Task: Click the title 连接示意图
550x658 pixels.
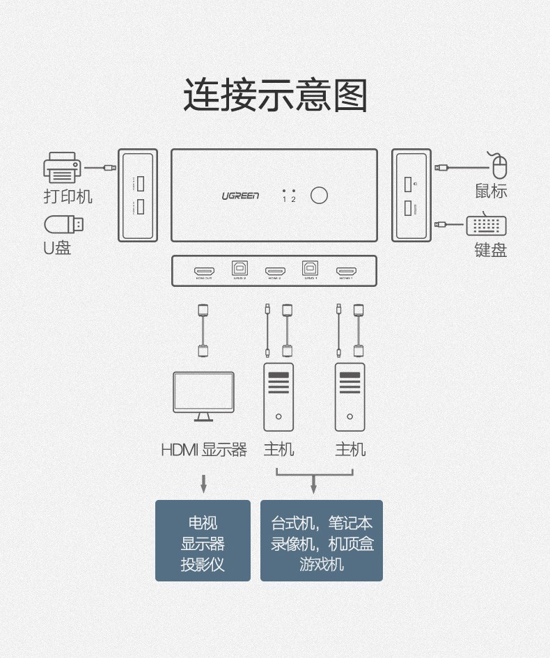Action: (x=275, y=95)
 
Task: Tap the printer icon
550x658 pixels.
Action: (x=62, y=167)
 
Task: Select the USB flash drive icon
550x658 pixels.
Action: (x=64, y=224)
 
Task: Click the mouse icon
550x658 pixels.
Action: (x=499, y=166)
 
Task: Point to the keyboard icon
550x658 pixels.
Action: (x=486, y=226)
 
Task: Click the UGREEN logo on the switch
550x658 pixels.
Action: (x=240, y=196)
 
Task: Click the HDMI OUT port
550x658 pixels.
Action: (x=204, y=271)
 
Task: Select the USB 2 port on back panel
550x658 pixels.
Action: (x=239, y=269)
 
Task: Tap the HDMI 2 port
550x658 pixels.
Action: (x=275, y=271)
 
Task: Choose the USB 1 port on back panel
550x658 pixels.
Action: (x=310, y=269)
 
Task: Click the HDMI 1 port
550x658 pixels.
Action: (x=346, y=271)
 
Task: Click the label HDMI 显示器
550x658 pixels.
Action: (x=203, y=450)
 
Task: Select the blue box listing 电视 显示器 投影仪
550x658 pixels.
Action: (x=203, y=540)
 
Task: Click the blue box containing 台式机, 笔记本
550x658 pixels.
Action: (x=322, y=540)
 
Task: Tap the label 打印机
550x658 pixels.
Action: (x=68, y=196)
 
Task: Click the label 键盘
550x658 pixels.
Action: (x=490, y=250)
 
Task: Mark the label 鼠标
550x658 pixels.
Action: (x=491, y=191)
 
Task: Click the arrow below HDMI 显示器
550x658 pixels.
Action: (x=203, y=484)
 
